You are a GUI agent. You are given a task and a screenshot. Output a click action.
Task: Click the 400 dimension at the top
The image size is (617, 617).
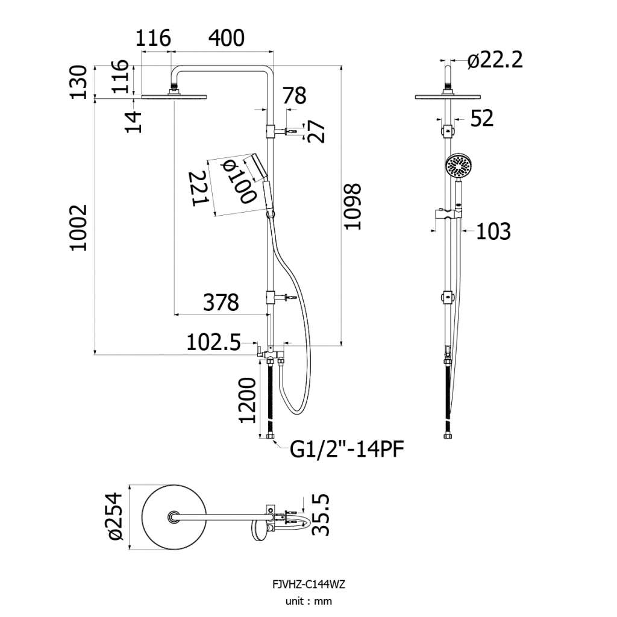(227, 38)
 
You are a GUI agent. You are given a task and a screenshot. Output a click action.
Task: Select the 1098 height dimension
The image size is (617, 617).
(352, 206)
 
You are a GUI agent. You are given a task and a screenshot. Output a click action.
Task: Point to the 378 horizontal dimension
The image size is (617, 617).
(221, 302)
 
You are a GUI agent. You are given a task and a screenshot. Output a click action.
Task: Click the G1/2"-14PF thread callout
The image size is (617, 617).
(347, 449)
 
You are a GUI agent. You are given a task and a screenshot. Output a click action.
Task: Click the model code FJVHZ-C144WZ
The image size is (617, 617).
(308, 584)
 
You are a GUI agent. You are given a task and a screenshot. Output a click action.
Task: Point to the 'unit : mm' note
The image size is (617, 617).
(308, 601)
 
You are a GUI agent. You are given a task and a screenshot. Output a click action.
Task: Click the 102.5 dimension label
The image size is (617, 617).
(213, 342)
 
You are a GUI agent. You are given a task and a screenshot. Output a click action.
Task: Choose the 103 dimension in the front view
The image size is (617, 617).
(493, 231)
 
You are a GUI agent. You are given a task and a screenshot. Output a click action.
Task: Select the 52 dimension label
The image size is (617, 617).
(482, 118)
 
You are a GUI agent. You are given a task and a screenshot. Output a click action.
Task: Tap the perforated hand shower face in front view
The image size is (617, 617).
(459, 168)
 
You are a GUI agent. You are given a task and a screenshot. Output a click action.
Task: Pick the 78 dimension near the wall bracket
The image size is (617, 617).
(294, 96)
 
